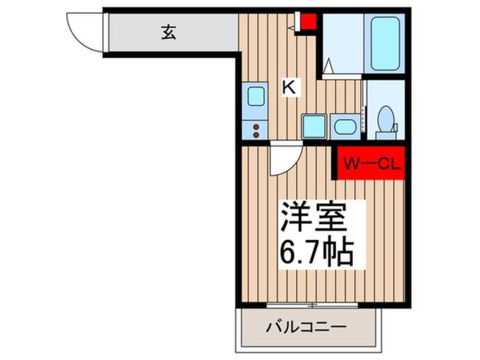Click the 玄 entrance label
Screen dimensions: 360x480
(169, 33)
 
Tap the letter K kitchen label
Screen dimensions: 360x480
(289, 87)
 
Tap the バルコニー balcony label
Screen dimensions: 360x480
(306, 328)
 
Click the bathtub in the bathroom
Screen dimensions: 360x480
(385, 44)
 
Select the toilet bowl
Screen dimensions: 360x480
(386, 119)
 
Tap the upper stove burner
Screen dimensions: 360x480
(256, 127)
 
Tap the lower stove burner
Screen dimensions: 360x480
(256, 135)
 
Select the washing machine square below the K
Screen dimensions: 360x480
(314, 126)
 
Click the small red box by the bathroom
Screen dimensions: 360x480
(308, 23)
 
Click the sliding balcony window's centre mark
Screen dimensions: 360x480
(311, 305)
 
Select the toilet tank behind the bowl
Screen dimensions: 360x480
(386, 135)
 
